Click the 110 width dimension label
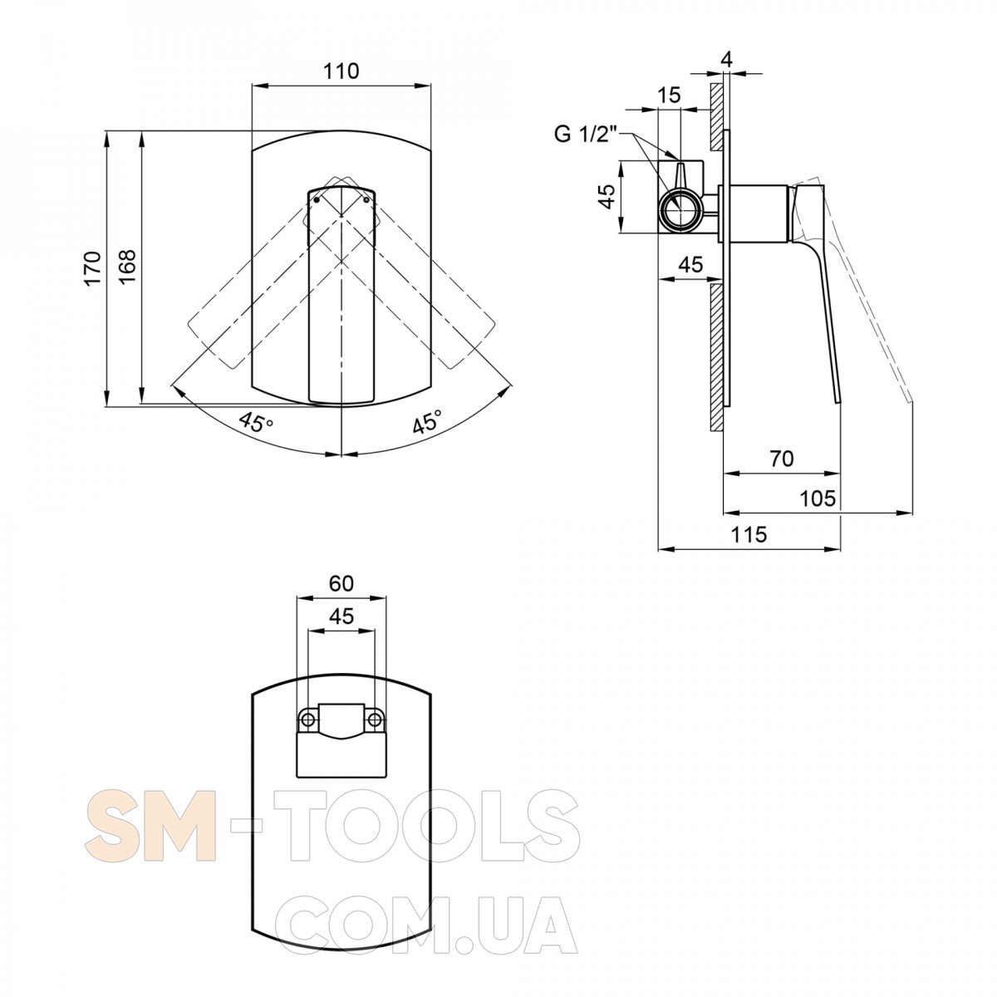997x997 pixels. (x=341, y=71)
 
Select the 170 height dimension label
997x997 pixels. (x=92, y=268)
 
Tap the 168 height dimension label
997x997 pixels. (x=127, y=266)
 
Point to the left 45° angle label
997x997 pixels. (x=256, y=423)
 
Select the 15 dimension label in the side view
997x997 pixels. (x=669, y=96)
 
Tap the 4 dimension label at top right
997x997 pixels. (x=726, y=60)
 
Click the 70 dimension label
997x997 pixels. (x=781, y=459)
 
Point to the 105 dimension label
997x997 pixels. (x=818, y=498)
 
